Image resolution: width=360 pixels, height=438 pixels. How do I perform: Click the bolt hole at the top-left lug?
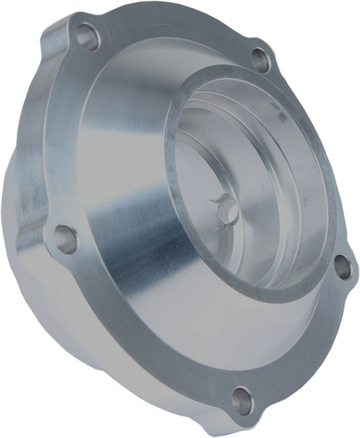(88, 36)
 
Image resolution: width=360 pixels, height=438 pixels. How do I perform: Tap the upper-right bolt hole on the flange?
(261, 61)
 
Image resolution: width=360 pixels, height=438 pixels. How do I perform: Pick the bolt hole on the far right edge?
(343, 268)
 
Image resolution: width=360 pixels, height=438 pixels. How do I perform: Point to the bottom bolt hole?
(243, 401)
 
